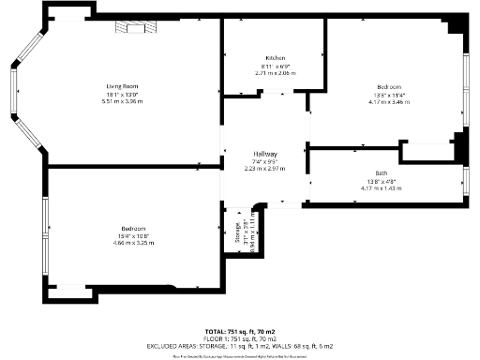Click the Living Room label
tap(119, 86)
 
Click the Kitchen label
tap(275, 57)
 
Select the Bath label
tap(381, 173)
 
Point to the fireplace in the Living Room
tap(131, 28)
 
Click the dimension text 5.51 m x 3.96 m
tap(119, 101)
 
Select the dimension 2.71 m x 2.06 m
tap(275, 72)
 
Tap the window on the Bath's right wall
tap(466, 178)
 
